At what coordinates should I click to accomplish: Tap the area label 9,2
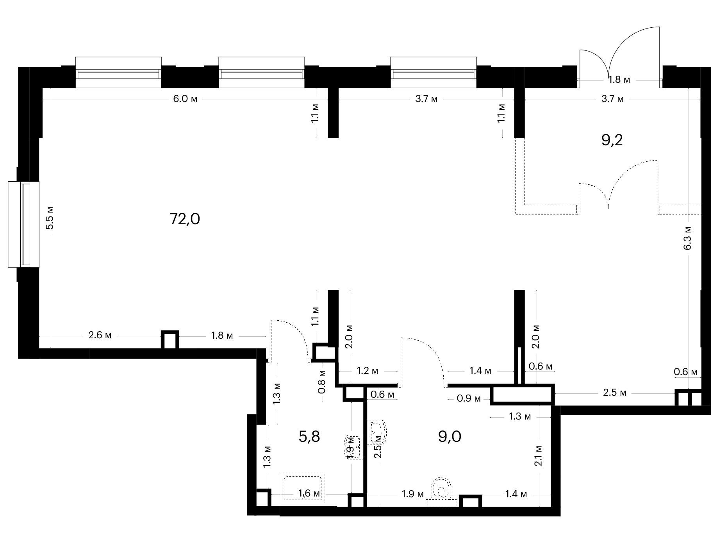(x=612, y=140)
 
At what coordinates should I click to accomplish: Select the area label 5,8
(x=309, y=436)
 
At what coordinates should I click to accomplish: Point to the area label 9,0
(x=450, y=436)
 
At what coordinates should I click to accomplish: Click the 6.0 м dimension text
(x=186, y=99)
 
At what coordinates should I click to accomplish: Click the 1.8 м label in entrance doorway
(x=619, y=80)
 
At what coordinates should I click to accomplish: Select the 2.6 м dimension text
(x=100, y=335)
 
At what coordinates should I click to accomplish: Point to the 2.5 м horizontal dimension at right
(x=615, y=393)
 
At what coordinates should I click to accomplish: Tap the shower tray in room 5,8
(x=303, y=488)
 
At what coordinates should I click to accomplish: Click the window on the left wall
(x=24, y=225)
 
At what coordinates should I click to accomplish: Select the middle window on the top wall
(x=261, y=72)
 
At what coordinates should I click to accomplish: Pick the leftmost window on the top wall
(x=118, y=72)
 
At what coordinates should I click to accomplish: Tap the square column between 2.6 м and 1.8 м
(x=170, y=339)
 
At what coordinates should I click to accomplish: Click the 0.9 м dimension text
(x=469, y=399)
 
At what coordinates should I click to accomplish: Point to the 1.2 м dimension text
(x=368, y=371)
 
